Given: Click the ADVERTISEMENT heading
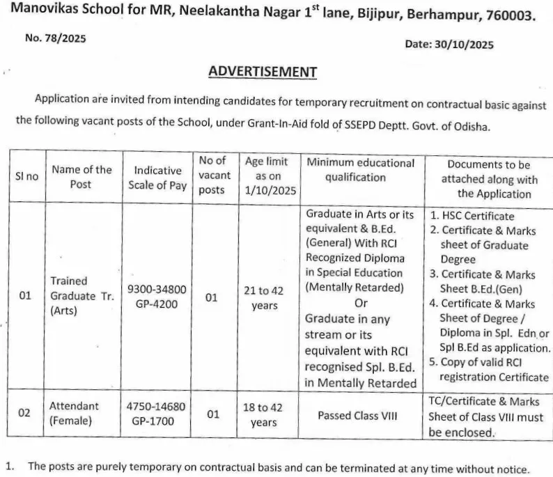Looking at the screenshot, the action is point(263,72).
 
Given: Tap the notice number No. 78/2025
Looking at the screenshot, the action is point(56,39).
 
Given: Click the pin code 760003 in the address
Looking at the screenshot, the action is point(513,15).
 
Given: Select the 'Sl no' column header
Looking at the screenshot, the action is point(27,176).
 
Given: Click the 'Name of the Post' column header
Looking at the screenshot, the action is point(81,176).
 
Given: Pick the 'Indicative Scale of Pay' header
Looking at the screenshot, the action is point(157,178).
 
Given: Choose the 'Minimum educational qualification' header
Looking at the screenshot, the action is point(361,169).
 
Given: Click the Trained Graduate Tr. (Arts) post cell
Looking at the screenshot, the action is point(82,296).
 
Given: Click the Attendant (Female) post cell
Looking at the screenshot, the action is point(74,413).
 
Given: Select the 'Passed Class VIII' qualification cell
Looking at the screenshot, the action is point(357,416).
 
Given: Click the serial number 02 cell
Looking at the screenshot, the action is point(24,413).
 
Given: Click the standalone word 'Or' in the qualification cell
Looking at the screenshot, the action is point(361,303).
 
